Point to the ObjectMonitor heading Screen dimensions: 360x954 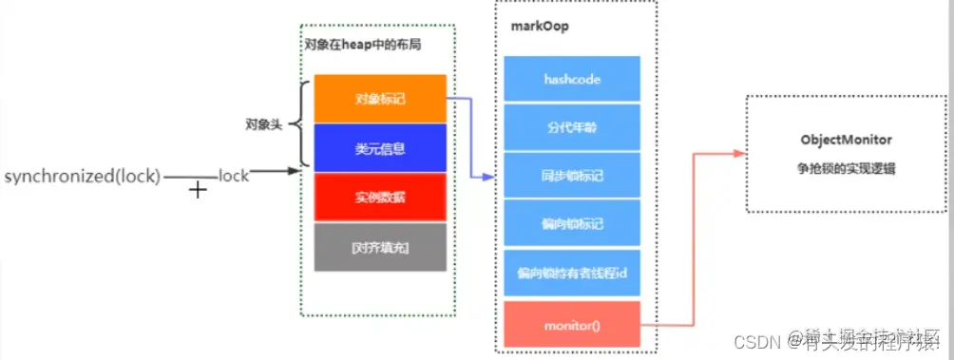coord(845,140)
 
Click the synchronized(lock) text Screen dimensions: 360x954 coord(84,177)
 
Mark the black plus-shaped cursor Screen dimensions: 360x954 coord(198,189)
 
